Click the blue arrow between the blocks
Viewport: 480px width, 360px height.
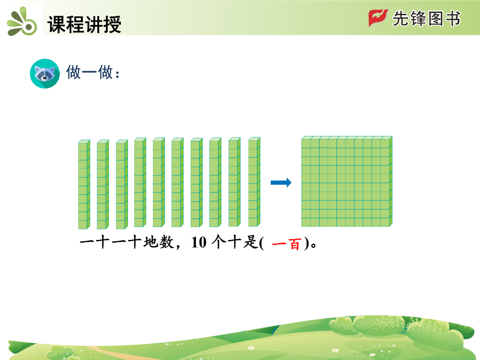click(x=281, y=183)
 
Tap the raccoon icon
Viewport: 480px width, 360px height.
click(x=45, y=73)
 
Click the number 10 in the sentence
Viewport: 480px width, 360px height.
click(x=199, y=243)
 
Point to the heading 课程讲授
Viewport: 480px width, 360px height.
click(x=84, y=24)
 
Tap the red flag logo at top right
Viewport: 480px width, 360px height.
click(x=378, y=18)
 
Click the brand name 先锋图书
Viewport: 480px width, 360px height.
click(x=426, y=19)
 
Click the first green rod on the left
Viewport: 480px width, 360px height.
click(x=84, y=184)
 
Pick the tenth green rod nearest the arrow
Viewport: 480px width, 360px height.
click(x=254, y=182)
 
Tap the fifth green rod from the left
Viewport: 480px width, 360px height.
click(x=159, y=182)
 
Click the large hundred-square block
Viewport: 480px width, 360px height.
click(x=347, y=181)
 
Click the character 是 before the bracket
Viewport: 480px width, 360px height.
click(x=250, y=242)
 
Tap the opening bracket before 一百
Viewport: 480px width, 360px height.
click(x=261, y=243)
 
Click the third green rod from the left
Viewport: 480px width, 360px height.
click(x=122, y=184)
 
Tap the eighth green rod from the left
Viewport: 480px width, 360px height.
click(x=215, y=182)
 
